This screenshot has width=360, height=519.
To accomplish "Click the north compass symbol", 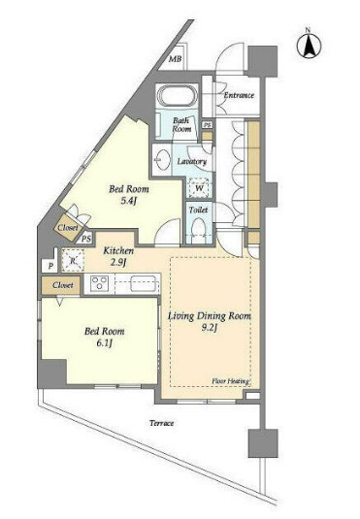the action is click(309, 46).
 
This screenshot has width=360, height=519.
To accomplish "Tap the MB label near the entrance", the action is click(176, 59).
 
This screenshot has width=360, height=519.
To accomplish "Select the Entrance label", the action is click(239, 95).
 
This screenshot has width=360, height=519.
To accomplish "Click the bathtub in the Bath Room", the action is click(178, 96).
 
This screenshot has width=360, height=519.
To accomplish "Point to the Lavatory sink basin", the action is click(162, 159).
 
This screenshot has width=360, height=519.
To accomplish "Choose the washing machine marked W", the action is click(199, 188).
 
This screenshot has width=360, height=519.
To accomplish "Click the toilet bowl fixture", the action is click(199, 228).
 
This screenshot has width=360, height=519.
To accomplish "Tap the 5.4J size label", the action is click(129, 201).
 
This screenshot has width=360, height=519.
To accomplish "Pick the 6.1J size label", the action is click(105, 342).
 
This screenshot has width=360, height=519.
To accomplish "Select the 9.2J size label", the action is click(210, 328).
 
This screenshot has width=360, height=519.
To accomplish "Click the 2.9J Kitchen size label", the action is click(118, 263).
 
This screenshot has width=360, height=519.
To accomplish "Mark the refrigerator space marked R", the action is click(73, 261).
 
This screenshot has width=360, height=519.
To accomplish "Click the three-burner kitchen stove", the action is click(99, 284).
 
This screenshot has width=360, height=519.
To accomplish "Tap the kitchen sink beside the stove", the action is click(145, 283).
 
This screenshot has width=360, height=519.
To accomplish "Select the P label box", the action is click(50, 266).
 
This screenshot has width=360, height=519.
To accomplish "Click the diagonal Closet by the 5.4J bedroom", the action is click(69, 228).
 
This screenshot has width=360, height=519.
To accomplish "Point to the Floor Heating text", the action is click(231, 381).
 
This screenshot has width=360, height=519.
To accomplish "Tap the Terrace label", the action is click(162, 423).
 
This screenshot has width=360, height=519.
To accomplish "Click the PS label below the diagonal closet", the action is click(86, 239).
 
